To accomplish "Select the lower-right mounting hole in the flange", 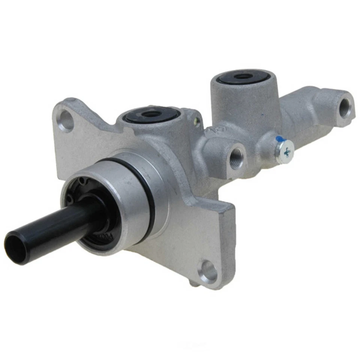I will coord(208,271).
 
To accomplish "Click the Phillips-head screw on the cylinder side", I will coord(285,151).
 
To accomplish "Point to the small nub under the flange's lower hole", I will coord(193,284).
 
